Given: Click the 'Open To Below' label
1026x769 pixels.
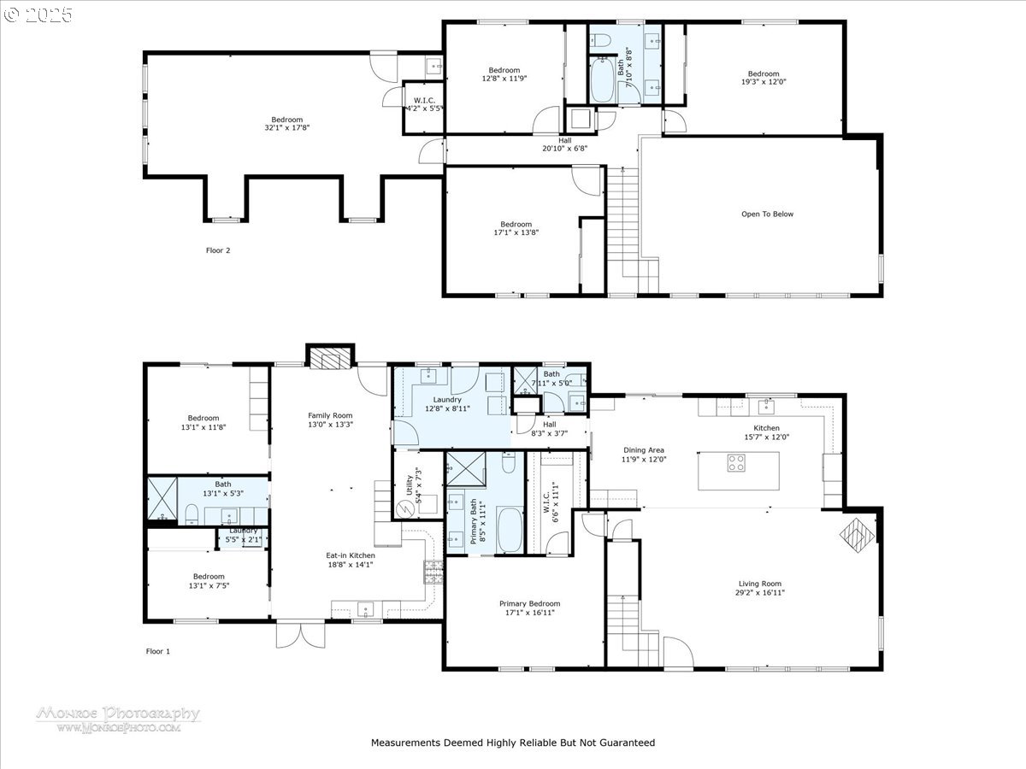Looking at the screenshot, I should point(767,214).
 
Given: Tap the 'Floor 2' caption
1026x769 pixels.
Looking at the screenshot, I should point(218,250).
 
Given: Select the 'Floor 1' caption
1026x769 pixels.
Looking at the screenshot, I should point(158,651).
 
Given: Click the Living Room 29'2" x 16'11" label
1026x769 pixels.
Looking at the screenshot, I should point(759,588).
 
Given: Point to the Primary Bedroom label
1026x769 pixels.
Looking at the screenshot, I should point(530,608).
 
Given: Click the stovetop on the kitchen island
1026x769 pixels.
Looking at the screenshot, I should point(736,462).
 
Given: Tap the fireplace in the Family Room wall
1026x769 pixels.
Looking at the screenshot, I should point(330,358).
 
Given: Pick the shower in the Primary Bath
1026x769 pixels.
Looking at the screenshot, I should point(465,470).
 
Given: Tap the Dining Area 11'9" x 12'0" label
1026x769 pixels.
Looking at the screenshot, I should point(644,455).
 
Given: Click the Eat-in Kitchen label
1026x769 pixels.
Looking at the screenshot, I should point(351,560).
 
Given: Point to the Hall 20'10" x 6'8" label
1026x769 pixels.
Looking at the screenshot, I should point(565,144).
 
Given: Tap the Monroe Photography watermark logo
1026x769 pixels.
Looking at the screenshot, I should point(118,718).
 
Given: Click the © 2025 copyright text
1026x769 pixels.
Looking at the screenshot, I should point(39,15).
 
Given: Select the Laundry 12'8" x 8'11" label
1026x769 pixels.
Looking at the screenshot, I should point(447,404).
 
